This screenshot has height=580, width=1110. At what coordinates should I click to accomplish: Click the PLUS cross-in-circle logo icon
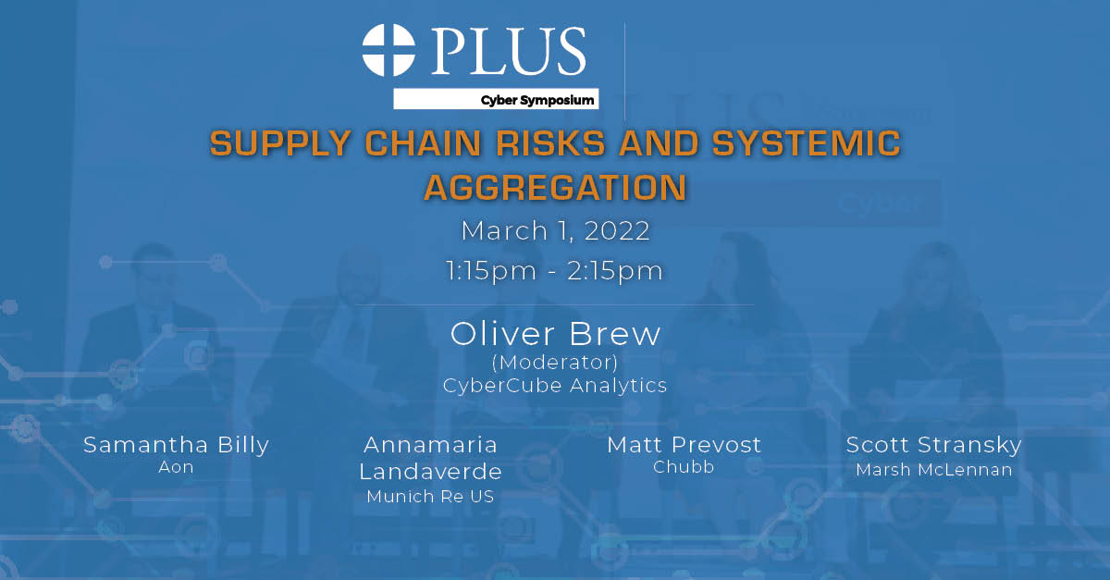click(x=389, y=50)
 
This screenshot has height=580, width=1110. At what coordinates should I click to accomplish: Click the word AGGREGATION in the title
click(x=555, y=187)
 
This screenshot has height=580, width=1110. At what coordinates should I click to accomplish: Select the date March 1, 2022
click(x=555, y=230)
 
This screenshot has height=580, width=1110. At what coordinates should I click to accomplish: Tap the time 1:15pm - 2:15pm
click(x=555, y=271)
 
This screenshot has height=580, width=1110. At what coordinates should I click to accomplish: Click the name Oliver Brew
click(x=555, y=334)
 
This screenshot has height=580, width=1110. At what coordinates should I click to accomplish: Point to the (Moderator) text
click(x=555, y=362)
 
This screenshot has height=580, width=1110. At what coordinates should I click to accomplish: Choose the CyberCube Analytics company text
click(x=555, y=385)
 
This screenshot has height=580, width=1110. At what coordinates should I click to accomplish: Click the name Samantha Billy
click(x=176, y=445)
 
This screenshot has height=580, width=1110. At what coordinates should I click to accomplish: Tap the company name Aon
click(x=176, y=468)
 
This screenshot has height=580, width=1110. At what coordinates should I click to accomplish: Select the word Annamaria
click(x=430, y=445)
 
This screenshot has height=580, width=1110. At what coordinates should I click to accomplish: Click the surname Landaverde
click(x=430, y=472)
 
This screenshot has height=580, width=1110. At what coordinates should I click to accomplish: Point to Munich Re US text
click(x=430, y=497)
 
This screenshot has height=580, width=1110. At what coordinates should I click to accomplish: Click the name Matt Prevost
click(x=684, y=445)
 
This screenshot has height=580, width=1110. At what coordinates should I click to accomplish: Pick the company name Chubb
click(x=684, y=468)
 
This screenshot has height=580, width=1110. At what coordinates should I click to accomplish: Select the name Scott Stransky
click(x=933, y=445)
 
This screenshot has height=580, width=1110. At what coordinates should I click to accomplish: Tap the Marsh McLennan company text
click(x=933, y=470)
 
